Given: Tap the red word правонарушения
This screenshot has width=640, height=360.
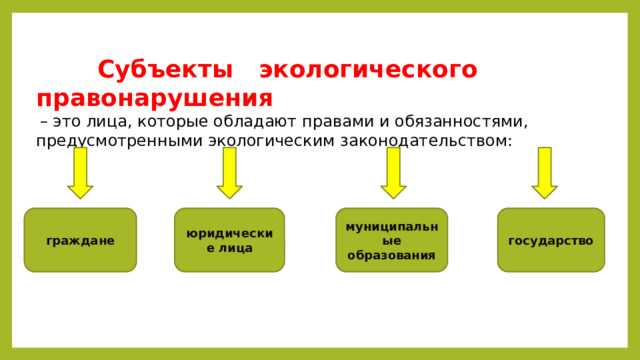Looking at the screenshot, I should coord(154,98).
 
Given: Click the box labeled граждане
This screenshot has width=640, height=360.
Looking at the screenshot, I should coord(80,240).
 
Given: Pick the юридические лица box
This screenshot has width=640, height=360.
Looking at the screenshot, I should coord(229,240).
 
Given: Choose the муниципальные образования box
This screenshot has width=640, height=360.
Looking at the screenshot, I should coord(392,240).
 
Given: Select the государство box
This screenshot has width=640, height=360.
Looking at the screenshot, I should coord(551,240).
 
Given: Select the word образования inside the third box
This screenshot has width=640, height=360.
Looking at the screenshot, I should coord(392,255).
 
